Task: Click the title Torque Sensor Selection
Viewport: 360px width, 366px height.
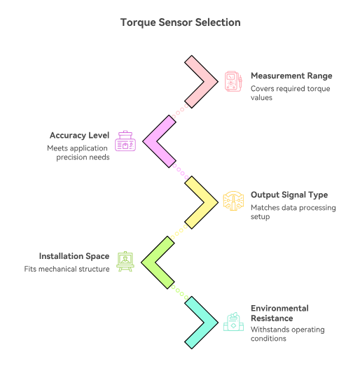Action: pos(180,22)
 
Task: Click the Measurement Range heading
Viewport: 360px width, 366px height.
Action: pos(291,76)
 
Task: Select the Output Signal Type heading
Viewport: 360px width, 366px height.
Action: pos(289,195)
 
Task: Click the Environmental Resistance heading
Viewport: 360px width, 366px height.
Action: pos(280,313)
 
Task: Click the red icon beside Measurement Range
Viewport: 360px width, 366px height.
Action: pos(233,81)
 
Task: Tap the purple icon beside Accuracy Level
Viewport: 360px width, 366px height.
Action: pos(125,141)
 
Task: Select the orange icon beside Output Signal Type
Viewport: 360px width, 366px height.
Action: pos(233,202)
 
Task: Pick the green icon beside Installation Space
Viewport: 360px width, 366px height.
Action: pos(125,262)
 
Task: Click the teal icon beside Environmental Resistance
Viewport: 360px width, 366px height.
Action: pos(233,323)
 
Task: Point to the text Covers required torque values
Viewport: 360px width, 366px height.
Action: pos(290,93)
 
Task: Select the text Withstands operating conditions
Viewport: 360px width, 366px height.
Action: pos(287,334)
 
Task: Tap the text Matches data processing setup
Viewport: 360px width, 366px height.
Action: pos(293,212)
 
